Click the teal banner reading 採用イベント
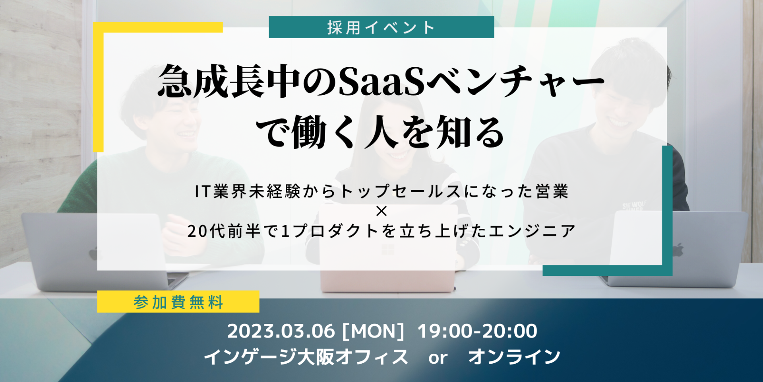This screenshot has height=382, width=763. pos(381,27)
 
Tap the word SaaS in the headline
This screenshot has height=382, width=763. pos(381,82)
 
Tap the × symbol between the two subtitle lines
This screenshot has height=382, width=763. pos(381,211)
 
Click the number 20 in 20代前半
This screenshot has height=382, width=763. pos(198,231)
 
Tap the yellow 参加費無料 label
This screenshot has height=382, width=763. pos(178,302)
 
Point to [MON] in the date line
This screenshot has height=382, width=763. pos(373,331)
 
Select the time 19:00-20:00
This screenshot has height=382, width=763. pos(477,331)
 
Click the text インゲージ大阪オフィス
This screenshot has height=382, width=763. pos(306,357)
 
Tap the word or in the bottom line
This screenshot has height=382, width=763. pos(438,359)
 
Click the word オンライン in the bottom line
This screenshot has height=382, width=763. pos(514,357)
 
